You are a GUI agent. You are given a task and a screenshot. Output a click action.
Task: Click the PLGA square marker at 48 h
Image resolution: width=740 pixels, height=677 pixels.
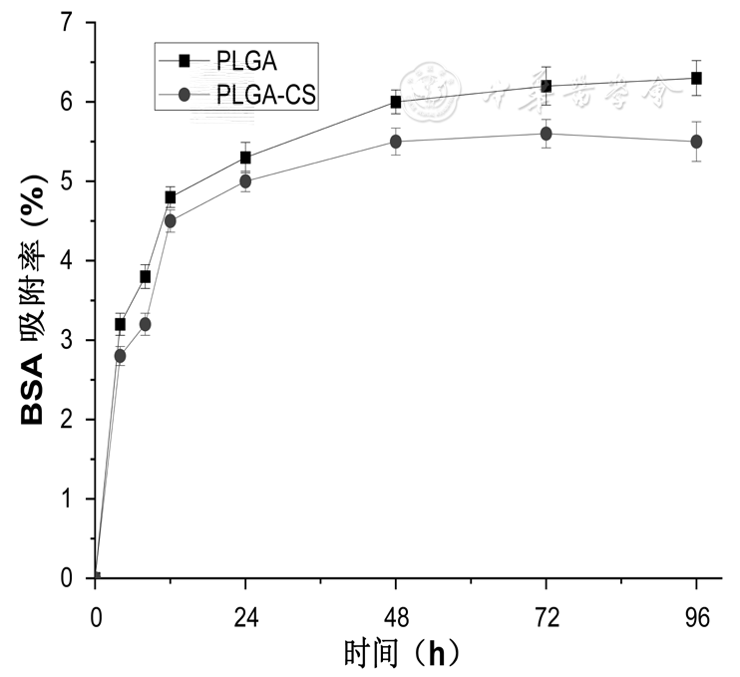(396, 102)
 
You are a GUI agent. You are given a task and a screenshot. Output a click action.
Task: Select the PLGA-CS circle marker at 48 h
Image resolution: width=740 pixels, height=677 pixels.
(396, 142)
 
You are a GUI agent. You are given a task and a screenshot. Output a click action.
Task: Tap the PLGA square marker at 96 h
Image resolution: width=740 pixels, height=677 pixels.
(696, 78)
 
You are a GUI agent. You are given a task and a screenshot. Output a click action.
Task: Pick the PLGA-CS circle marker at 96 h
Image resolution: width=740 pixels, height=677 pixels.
(696, 142)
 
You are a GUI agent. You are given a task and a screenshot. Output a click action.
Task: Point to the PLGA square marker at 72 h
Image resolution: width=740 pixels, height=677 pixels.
(547, 86)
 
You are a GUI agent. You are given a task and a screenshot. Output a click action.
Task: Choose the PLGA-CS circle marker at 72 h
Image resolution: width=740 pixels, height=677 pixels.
(547, 134)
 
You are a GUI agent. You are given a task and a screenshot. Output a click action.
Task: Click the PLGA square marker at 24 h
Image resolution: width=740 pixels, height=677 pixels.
(245, 158)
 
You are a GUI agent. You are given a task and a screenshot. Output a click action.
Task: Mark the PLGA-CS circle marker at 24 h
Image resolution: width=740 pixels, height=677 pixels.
(245, 181)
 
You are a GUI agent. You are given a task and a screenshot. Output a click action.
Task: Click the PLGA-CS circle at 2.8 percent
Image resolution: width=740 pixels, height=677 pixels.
(121, 356)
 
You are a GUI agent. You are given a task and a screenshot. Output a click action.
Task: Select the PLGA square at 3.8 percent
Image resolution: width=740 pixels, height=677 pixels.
(146, 276)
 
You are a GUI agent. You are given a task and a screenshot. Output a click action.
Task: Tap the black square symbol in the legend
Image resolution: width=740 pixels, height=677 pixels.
(184, 62)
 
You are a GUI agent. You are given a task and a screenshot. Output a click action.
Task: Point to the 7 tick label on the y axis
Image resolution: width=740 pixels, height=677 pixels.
(66, 22)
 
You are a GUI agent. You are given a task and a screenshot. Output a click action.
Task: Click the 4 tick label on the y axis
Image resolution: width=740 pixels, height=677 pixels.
(66, 260)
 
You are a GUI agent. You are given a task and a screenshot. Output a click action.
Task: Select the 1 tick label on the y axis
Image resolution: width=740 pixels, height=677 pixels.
(66, 499)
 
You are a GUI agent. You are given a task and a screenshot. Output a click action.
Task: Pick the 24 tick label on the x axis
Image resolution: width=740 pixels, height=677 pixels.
(245, 617)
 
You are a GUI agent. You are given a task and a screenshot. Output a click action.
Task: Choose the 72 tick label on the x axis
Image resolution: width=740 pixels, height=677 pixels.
(547, 617)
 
